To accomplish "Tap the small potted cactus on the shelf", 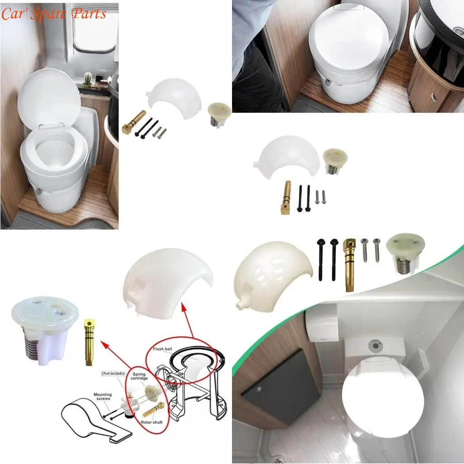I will pos(87,79).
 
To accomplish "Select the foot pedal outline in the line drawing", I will pos(91,421).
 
